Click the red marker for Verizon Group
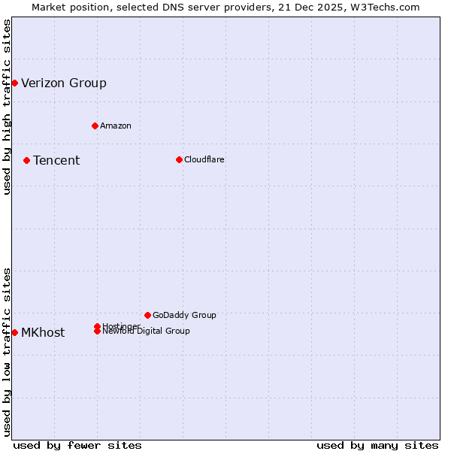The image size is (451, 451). (14, 83)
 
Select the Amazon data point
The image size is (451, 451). (95, 126)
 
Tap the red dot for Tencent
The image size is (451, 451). (26, 160)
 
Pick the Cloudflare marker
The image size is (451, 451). (179, 159)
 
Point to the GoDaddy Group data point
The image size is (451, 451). (147, 315)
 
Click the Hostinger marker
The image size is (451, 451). (97, 326)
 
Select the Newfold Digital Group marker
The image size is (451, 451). (98, 331)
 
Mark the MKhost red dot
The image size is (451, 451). (14, 332)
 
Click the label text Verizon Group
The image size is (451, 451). (64, 83)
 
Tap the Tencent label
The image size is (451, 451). (56, 161)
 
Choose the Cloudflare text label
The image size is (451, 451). (204, 159)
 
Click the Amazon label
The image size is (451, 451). (116, 126)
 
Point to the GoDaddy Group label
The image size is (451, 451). (184, 316)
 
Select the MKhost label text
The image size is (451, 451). (43, 333)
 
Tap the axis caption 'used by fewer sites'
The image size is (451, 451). (77, 445)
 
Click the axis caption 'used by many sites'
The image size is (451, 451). (377, 445)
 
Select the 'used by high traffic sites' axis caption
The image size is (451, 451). (8, 107)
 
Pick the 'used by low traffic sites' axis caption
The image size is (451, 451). (8, 351)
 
